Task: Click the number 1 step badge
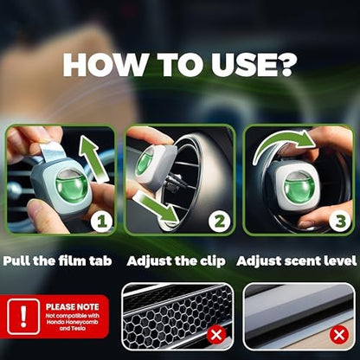(101, 222)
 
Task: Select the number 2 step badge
(220, 222)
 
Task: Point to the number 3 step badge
(341, 222)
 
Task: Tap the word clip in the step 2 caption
(212, 261)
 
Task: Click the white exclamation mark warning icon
(23, 317)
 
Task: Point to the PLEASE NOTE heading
(73, 307)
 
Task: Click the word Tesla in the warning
(78, 328)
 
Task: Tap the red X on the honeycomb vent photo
(216, 335)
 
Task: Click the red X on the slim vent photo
(339, 335)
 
